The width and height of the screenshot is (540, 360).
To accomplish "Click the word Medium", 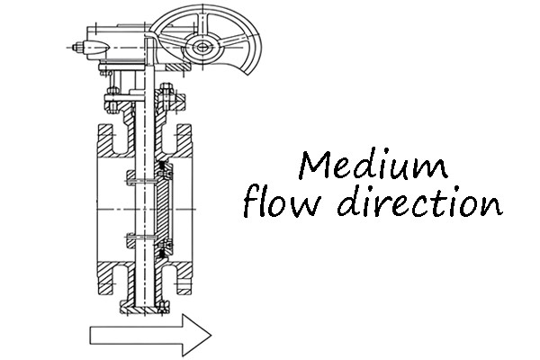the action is [x=373, y=165].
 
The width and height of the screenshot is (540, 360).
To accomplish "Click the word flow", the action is [x=282, y=202].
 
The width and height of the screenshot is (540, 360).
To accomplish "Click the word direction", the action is [x=419, y=201].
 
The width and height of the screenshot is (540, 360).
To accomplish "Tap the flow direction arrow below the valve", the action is [x=150, y=335].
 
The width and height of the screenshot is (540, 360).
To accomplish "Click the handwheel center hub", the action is [x=202, y=47].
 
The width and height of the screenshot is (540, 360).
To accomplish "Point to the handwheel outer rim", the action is [x=256, y=38].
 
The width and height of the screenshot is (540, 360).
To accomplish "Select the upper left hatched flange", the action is [x=111, y=140].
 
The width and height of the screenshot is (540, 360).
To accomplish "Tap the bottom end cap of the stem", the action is [x=144, y=307].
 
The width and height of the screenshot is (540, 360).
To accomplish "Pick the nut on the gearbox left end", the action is [x=78, y=47].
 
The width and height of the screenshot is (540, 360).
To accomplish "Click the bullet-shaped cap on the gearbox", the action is [x=97, y=47].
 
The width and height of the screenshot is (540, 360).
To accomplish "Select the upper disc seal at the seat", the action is [x=165, y=170].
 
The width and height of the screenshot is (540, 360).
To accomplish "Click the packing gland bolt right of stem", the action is [x=167, y=98].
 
